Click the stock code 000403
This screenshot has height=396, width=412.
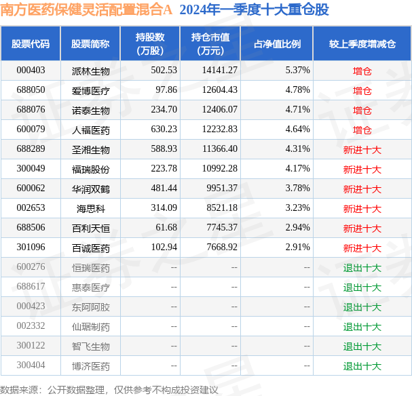tap(31, 71)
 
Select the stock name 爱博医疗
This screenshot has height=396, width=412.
tap(90, 90)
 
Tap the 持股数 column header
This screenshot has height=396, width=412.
tap(151, 43)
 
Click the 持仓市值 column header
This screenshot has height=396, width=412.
tap(210, 43)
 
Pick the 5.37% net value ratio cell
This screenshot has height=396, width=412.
tap(297, 71)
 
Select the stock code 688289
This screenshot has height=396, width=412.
tap(31, 149)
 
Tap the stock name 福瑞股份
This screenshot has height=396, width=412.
tap(90, 169)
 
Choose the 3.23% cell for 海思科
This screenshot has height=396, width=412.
tap(297, 208)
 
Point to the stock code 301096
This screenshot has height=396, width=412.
tap(31, 248)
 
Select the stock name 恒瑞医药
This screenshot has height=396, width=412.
tap(90, 268)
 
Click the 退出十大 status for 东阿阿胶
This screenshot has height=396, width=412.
tap(362, 307)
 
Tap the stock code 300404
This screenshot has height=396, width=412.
tap(31, 366)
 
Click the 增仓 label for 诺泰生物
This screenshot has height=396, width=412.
tap(362, 110)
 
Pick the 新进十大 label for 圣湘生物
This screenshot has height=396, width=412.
tap(362, 149)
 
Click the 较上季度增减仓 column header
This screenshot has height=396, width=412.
tap(362, 43)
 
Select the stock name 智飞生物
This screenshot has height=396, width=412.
tap(90, 346)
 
